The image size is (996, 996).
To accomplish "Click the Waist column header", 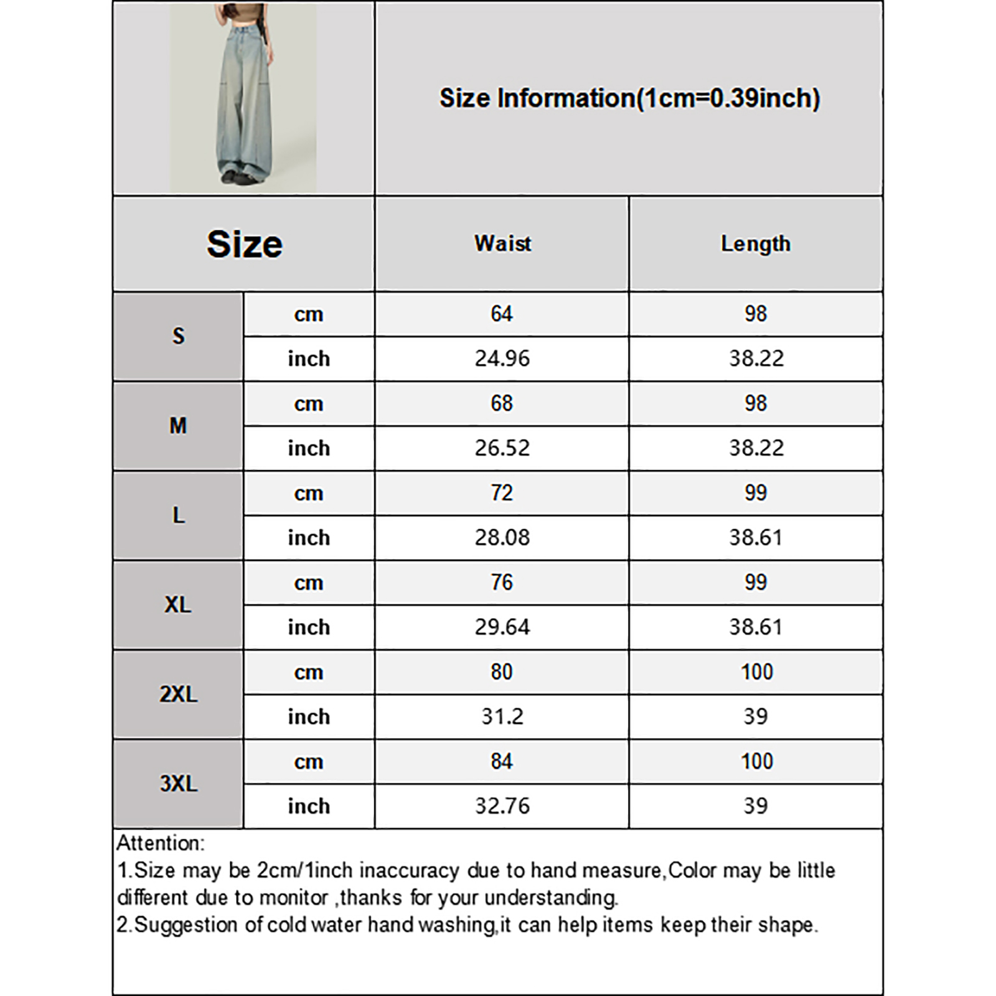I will (x=502, y=243).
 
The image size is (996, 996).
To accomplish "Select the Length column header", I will (x=755, y=243).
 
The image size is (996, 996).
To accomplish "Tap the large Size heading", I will (x=244, y=243).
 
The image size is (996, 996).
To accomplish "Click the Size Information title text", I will (x=629, y=98).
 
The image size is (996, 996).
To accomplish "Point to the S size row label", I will (x=178, y=336).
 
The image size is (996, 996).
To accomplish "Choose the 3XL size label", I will (x=178, y=783).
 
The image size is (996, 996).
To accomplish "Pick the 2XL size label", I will (x=178, y=693).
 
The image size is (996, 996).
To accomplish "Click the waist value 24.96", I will (x=502, y=359).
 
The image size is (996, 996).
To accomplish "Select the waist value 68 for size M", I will (x=502, y=403).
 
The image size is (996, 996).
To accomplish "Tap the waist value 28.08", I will (x=502, y=537).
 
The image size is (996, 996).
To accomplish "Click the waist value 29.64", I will (x=502, y=627).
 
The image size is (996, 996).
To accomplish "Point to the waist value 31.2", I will (x=502, y=716).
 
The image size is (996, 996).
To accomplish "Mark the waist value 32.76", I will (x=502, y=806).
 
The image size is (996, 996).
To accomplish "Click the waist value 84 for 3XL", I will (x=502, y=761).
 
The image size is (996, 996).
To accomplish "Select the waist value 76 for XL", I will (x=502, y=583).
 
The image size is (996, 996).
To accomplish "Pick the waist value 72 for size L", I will (x=502, y=493).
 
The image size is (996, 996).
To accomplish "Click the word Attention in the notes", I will (x=159, y=843).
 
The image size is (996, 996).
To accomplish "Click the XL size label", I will (x=178, y=604).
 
